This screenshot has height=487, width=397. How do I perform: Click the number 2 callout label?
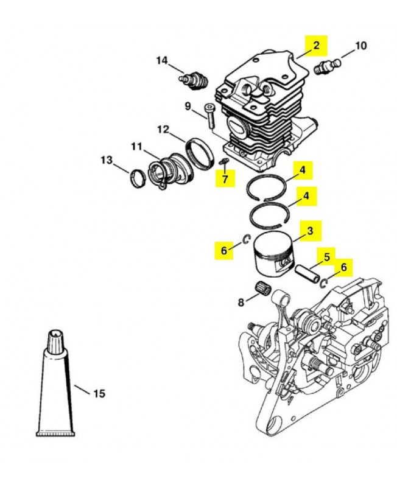[316, 46]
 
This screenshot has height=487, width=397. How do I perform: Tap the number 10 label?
[360, 46]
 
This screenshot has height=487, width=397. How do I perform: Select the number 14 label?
[162, 60]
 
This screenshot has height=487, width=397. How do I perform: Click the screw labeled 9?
[209, 116]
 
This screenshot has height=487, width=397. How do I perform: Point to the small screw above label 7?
[223, 161]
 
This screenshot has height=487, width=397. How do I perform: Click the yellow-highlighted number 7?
[225, 178]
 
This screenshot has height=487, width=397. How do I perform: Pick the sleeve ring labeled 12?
[200, 153]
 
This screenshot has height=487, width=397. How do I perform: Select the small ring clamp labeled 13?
[138, 178]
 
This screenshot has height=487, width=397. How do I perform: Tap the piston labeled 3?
[273, 253]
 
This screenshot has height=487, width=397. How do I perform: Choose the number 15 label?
[99, 394]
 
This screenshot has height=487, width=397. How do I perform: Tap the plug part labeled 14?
[194, 81]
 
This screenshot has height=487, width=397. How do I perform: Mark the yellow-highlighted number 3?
[311, 231]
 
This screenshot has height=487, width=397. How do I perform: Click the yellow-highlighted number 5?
[326, 257]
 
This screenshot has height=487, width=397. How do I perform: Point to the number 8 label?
[241, 302]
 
